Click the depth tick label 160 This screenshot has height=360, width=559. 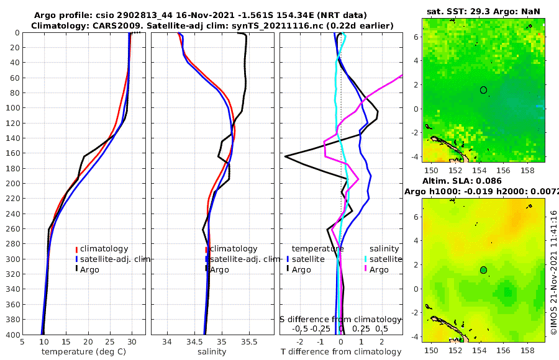point(11,153)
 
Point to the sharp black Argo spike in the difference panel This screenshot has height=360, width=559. point(286,156)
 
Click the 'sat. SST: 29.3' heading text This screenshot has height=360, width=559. point(455,12)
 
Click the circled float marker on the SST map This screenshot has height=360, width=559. point(483,90)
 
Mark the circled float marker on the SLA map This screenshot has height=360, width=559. point(483,270)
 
